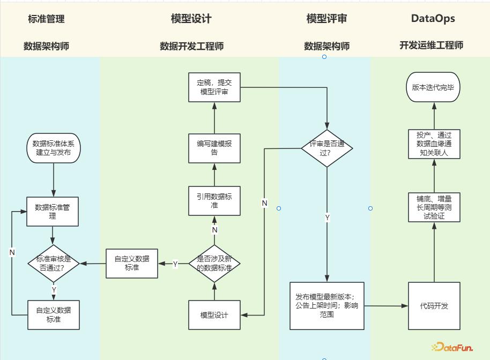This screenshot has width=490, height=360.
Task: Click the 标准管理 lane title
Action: tap(46, 19)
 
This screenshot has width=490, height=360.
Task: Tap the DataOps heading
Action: tap(433, 18)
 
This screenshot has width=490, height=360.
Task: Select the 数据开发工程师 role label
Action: tap(191, 46)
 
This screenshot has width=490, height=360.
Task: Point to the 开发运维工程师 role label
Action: tap(431, 46)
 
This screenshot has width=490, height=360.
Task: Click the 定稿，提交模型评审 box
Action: tap(214, 87)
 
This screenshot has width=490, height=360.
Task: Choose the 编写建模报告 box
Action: tap(214, 148)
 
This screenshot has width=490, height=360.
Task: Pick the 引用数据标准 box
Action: tap(214, 201)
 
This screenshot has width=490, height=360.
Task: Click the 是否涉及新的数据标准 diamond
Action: tap(214, 264)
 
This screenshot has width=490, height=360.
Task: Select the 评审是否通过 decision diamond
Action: tap(327, 148)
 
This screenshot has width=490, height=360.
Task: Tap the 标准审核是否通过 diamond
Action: tap(54, 263)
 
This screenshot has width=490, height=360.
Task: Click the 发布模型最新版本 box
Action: tap(327, 306)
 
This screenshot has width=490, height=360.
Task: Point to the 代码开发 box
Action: tap(434, 306)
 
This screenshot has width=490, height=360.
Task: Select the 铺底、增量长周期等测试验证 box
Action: tap(434, 207)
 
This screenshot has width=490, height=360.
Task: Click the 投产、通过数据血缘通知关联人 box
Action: tap(434, 144)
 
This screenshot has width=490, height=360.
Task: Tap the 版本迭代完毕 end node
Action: tap(433, 87)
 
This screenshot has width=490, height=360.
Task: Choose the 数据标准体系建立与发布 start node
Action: tap(54, 148)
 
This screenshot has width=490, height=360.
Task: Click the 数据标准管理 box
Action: tap(53, 212)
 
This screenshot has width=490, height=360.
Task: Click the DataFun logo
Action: tap(453, 347)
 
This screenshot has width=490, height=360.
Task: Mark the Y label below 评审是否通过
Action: tap(327, 218)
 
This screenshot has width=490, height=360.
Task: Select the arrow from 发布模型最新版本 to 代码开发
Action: tap(386, 306)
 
